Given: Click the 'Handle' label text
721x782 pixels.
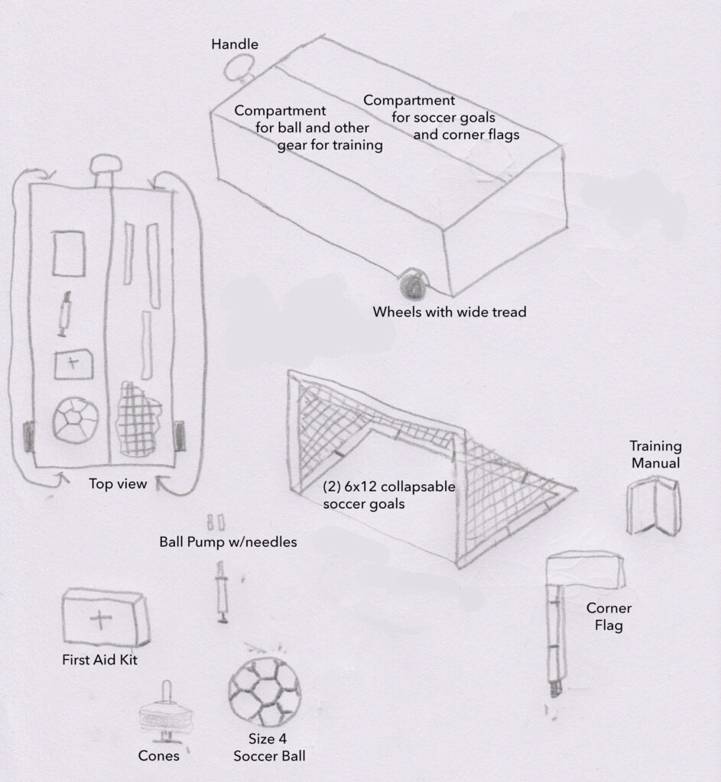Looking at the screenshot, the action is [235, 44].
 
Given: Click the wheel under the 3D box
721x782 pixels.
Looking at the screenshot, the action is [414, 284].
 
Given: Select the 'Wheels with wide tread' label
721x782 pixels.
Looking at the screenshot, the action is [450, 312].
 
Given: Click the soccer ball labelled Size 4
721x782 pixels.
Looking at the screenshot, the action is [265, 692].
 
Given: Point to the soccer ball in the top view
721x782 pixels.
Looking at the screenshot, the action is [76, 420].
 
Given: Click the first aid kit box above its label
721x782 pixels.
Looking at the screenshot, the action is [106, 617].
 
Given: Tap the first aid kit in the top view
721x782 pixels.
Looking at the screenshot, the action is [73, 364].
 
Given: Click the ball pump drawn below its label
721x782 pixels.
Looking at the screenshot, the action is [222, 592].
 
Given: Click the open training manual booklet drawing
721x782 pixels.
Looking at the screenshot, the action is [654, 506].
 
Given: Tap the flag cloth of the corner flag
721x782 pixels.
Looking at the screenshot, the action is [585, 569].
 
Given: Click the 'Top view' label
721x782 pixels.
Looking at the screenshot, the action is [118, 483].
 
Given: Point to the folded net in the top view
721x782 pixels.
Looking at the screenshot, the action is [138, 419].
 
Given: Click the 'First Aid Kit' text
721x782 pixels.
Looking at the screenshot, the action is [99, 660].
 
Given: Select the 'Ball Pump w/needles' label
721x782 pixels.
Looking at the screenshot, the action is [228, 542].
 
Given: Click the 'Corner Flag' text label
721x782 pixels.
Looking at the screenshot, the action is [609, 616].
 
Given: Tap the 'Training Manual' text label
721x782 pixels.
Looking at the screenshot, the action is [655, 454].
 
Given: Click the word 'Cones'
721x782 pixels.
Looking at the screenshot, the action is [158, 755].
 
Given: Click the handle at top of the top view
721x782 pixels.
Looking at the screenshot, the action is [106, 170].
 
